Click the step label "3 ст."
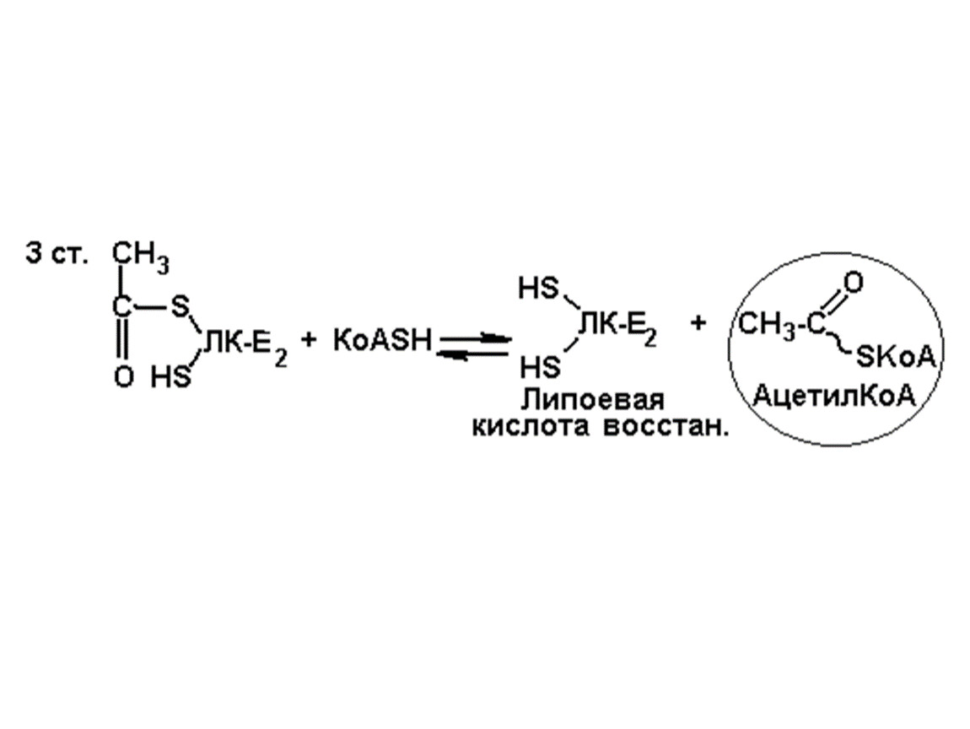(57, 255)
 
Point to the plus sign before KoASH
(310, 341)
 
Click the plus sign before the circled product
(698, 322)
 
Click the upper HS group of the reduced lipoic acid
(539, 289)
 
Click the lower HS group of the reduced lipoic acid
(539, 368)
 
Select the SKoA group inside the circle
(897, 358)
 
